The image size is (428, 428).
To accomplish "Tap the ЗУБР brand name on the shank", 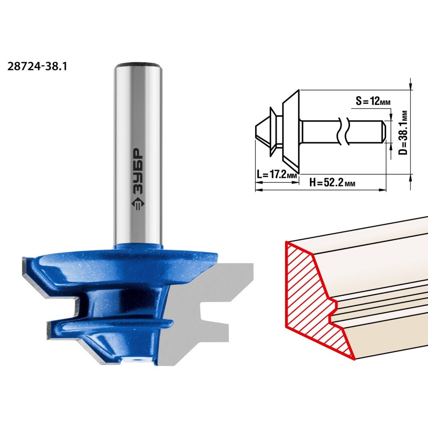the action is point(138,172).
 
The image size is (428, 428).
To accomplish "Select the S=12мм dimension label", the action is point(373,101).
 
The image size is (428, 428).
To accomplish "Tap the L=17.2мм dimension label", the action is point(277,174).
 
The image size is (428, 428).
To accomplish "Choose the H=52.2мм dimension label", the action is point(332,182).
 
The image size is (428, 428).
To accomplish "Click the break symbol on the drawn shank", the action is point(344,131).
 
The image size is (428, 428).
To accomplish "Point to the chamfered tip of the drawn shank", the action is point(383,131).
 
